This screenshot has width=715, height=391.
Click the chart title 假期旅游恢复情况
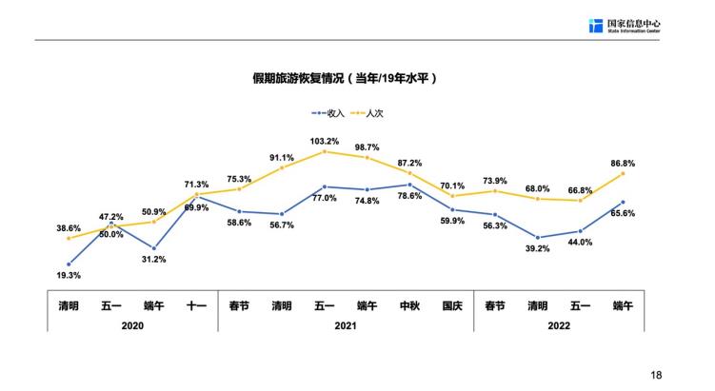(x=344, y=78)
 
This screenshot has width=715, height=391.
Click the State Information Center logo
(x=624, y=26)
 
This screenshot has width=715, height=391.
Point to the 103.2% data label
(x=325, y=142)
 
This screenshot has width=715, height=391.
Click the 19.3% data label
(x=70, y=275)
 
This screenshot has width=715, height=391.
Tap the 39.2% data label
(x=538, y=249)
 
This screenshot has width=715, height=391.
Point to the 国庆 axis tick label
(x=452, y=305)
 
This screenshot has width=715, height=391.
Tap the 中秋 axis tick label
(x=409, y=305)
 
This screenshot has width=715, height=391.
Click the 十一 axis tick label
(x=196, y=305)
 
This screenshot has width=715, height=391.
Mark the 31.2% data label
(x=154, y=260)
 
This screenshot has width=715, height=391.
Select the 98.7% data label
(x=367, y=147)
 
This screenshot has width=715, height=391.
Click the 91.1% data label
(x=282, y=158)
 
